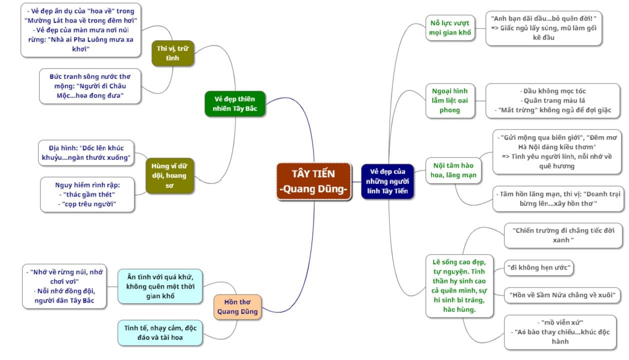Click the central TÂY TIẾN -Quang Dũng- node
click(313, 181)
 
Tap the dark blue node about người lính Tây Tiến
click(387, 181)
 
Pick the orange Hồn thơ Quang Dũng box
click(237, 307)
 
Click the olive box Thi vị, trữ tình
click(172, 53)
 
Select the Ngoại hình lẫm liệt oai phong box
click(450, 100)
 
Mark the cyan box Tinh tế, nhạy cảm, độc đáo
click(160, 332)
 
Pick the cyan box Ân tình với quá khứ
click(160, 286)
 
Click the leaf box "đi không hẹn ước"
click(538, 267)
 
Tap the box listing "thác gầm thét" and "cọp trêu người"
click(87, 194)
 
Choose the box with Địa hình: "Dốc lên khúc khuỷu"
click(86, 152)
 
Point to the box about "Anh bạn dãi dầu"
click(543, 28)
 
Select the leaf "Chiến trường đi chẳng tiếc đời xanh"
click(563, 235)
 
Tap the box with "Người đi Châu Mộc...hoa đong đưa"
click(90, 86)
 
